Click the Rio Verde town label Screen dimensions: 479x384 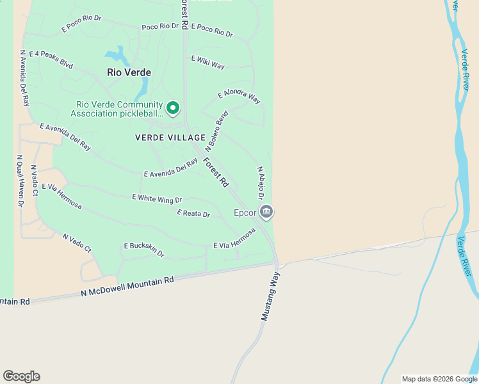click(x=129, y=73)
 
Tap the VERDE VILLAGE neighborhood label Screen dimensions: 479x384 click(x=170, y=138)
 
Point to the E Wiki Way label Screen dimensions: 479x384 click(x=207, y=62)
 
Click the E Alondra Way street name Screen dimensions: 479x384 click(x=239, y=97)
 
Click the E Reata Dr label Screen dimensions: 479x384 click(x=193, y=214)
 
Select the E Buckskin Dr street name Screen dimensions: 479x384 click(x=144, y=250)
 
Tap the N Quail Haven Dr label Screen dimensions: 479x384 click(x=20, y=181)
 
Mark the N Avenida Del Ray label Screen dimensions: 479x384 click(x=25, y=78)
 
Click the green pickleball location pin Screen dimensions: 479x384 click(x=173, y=108)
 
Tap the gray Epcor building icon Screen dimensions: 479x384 click(x=267, y=211)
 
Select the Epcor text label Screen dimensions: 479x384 click(x=245, y=212)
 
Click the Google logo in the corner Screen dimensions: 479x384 click(x=21, y=376)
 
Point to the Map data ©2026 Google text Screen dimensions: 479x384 click(x=439, y=379)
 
